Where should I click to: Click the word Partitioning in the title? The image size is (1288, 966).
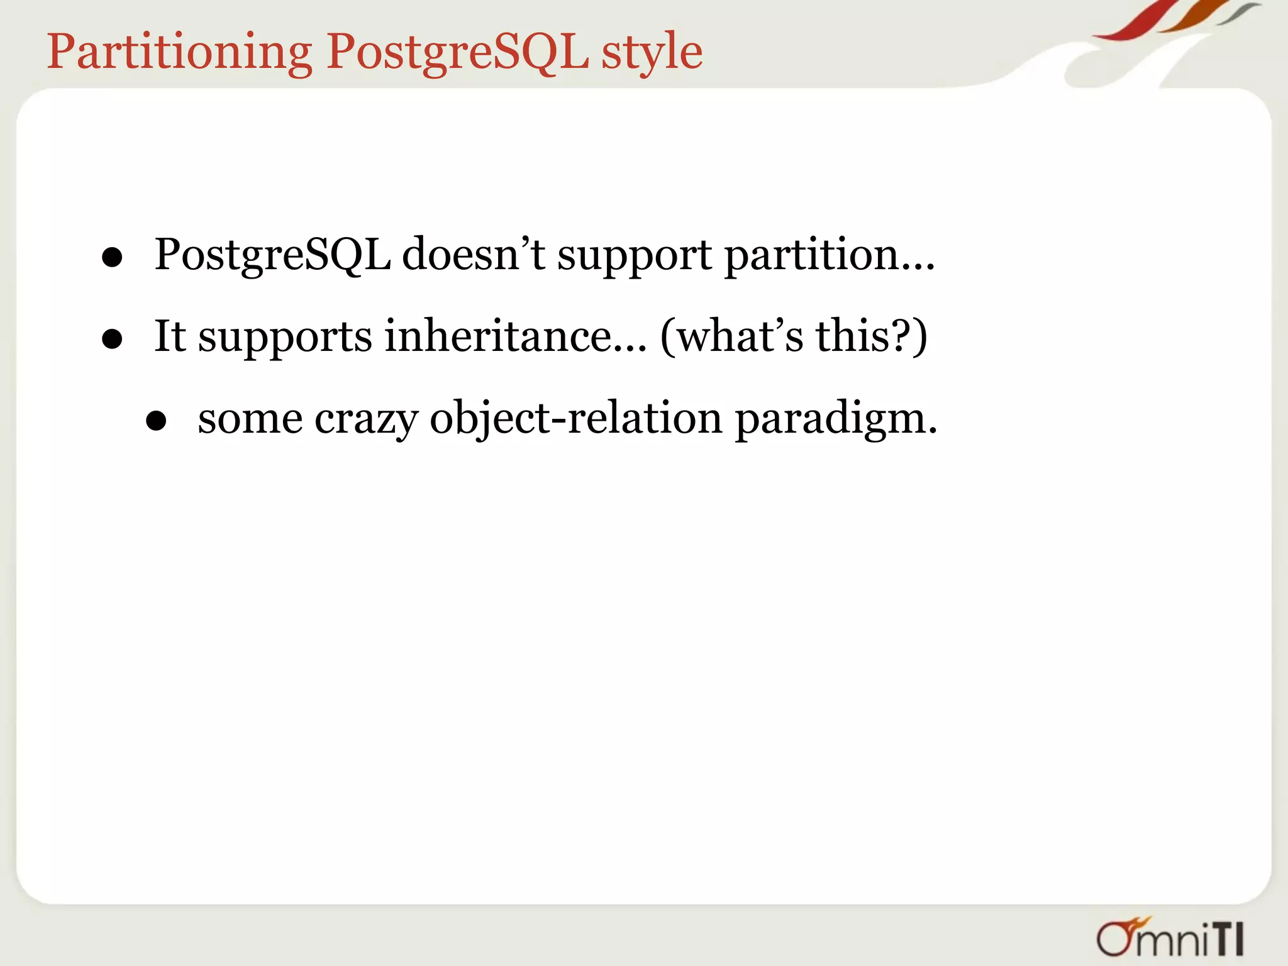[x=179, y=52]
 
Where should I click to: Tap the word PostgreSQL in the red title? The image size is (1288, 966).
[x=457, y=52]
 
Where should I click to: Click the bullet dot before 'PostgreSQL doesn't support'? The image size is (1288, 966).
[x=112, y=257]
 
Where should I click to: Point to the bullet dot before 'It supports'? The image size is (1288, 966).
[x=112, y=339]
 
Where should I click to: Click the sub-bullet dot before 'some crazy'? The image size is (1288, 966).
[x=155, y=421]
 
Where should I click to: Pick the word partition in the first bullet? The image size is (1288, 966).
[x=811, y=255]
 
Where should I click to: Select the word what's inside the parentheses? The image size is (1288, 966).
[x=740, y=336]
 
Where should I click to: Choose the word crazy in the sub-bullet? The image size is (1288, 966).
[x=366, y=419]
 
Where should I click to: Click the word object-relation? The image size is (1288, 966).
[x=575, y=419]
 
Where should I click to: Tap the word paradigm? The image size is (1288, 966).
[x=835, y=419]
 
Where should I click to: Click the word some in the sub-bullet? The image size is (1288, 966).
[x=250, y=419]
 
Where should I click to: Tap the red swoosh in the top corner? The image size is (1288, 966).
[x=1132, y=22]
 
